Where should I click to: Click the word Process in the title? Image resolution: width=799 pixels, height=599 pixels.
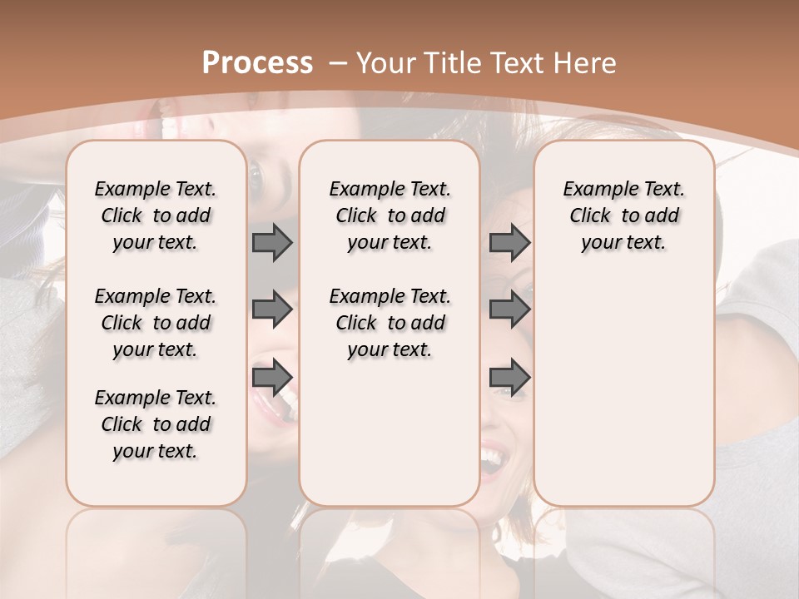pyautogui.click(x=257, y=63)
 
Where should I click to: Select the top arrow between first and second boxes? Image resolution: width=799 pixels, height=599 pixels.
pyautogui.click(x=272, y=242)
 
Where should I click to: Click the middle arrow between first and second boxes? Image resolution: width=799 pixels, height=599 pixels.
pyautogui.click(x=272, y=309)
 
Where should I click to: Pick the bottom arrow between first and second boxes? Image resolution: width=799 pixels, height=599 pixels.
pyautogui.click(x=272, y=378)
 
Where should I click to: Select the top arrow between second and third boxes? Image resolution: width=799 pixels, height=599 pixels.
pyautogui.click(x=509, y=242)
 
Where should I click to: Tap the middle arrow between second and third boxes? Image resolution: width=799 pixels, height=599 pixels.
pyautogui.click(x=509, y=309)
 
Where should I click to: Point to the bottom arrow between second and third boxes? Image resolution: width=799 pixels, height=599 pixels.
pyautogui.click(x=509, y=378)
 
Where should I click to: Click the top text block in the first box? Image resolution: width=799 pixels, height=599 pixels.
pyautogui.click(x=156, y=215)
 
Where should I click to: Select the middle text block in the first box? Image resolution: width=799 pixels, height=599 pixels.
pyautogui.click(x=156, y=323)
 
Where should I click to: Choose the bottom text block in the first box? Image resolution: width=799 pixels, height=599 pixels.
pyautogui.click(x=156, y=424)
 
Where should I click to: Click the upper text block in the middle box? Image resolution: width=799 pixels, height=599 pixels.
pyautogui.click(x=390, y=215)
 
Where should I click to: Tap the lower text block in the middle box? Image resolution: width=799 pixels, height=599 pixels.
pyautogui.click(x=390, y=323)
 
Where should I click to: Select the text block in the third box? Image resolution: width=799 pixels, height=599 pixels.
pyautogui.click(x=623, y=215)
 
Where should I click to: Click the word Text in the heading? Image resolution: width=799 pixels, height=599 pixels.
pyautogui.click(x=518, y=63)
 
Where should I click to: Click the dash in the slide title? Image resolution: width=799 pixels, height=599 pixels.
pyautogui.click(x=338, y=63)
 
